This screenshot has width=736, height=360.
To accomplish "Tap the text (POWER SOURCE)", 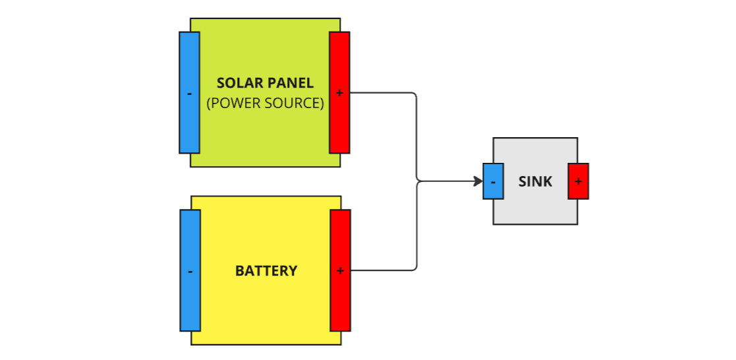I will [266, 104].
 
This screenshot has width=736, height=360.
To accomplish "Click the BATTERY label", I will [266, 271].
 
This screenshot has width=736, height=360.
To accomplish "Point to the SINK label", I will [535, 181].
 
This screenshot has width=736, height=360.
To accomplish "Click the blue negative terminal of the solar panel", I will [189, 92].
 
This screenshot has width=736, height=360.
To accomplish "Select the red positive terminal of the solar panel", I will [339, 92].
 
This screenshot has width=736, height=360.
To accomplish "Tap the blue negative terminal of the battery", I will [190, 270].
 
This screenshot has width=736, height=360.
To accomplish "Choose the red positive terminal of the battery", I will [340, 270].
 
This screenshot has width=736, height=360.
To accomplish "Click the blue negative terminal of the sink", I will [494, 181].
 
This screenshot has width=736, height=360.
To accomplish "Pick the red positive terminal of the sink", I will [578, 181].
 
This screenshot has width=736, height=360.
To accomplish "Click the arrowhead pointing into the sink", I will [478, 181].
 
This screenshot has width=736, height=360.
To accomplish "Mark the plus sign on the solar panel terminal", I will [339, 93].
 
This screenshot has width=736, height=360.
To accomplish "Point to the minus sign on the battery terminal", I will [190, 271].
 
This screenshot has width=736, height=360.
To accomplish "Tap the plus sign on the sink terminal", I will [578, 181].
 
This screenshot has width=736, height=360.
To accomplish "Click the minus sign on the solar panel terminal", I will [189, 94].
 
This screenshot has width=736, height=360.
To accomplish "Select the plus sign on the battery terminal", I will [340, 270].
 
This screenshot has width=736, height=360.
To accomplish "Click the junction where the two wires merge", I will [418, 181].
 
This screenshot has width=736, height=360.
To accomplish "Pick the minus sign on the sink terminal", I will [494, 181].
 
